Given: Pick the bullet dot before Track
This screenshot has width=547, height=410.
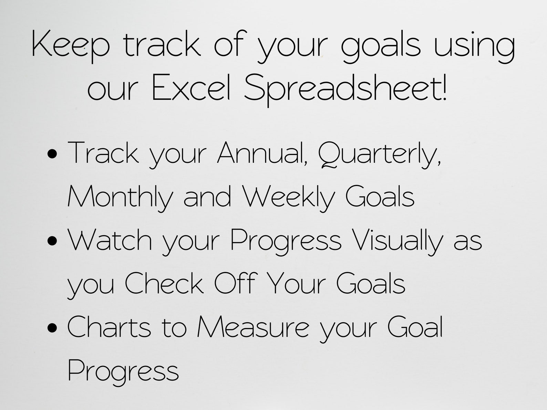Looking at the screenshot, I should [52, 154].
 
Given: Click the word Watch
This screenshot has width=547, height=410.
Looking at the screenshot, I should [110, 240].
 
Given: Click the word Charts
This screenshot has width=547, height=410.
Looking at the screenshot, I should [109, 327].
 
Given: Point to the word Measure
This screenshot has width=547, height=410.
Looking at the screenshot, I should [253, 327].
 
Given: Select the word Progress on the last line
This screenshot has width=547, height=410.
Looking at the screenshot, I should [123, 371].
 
